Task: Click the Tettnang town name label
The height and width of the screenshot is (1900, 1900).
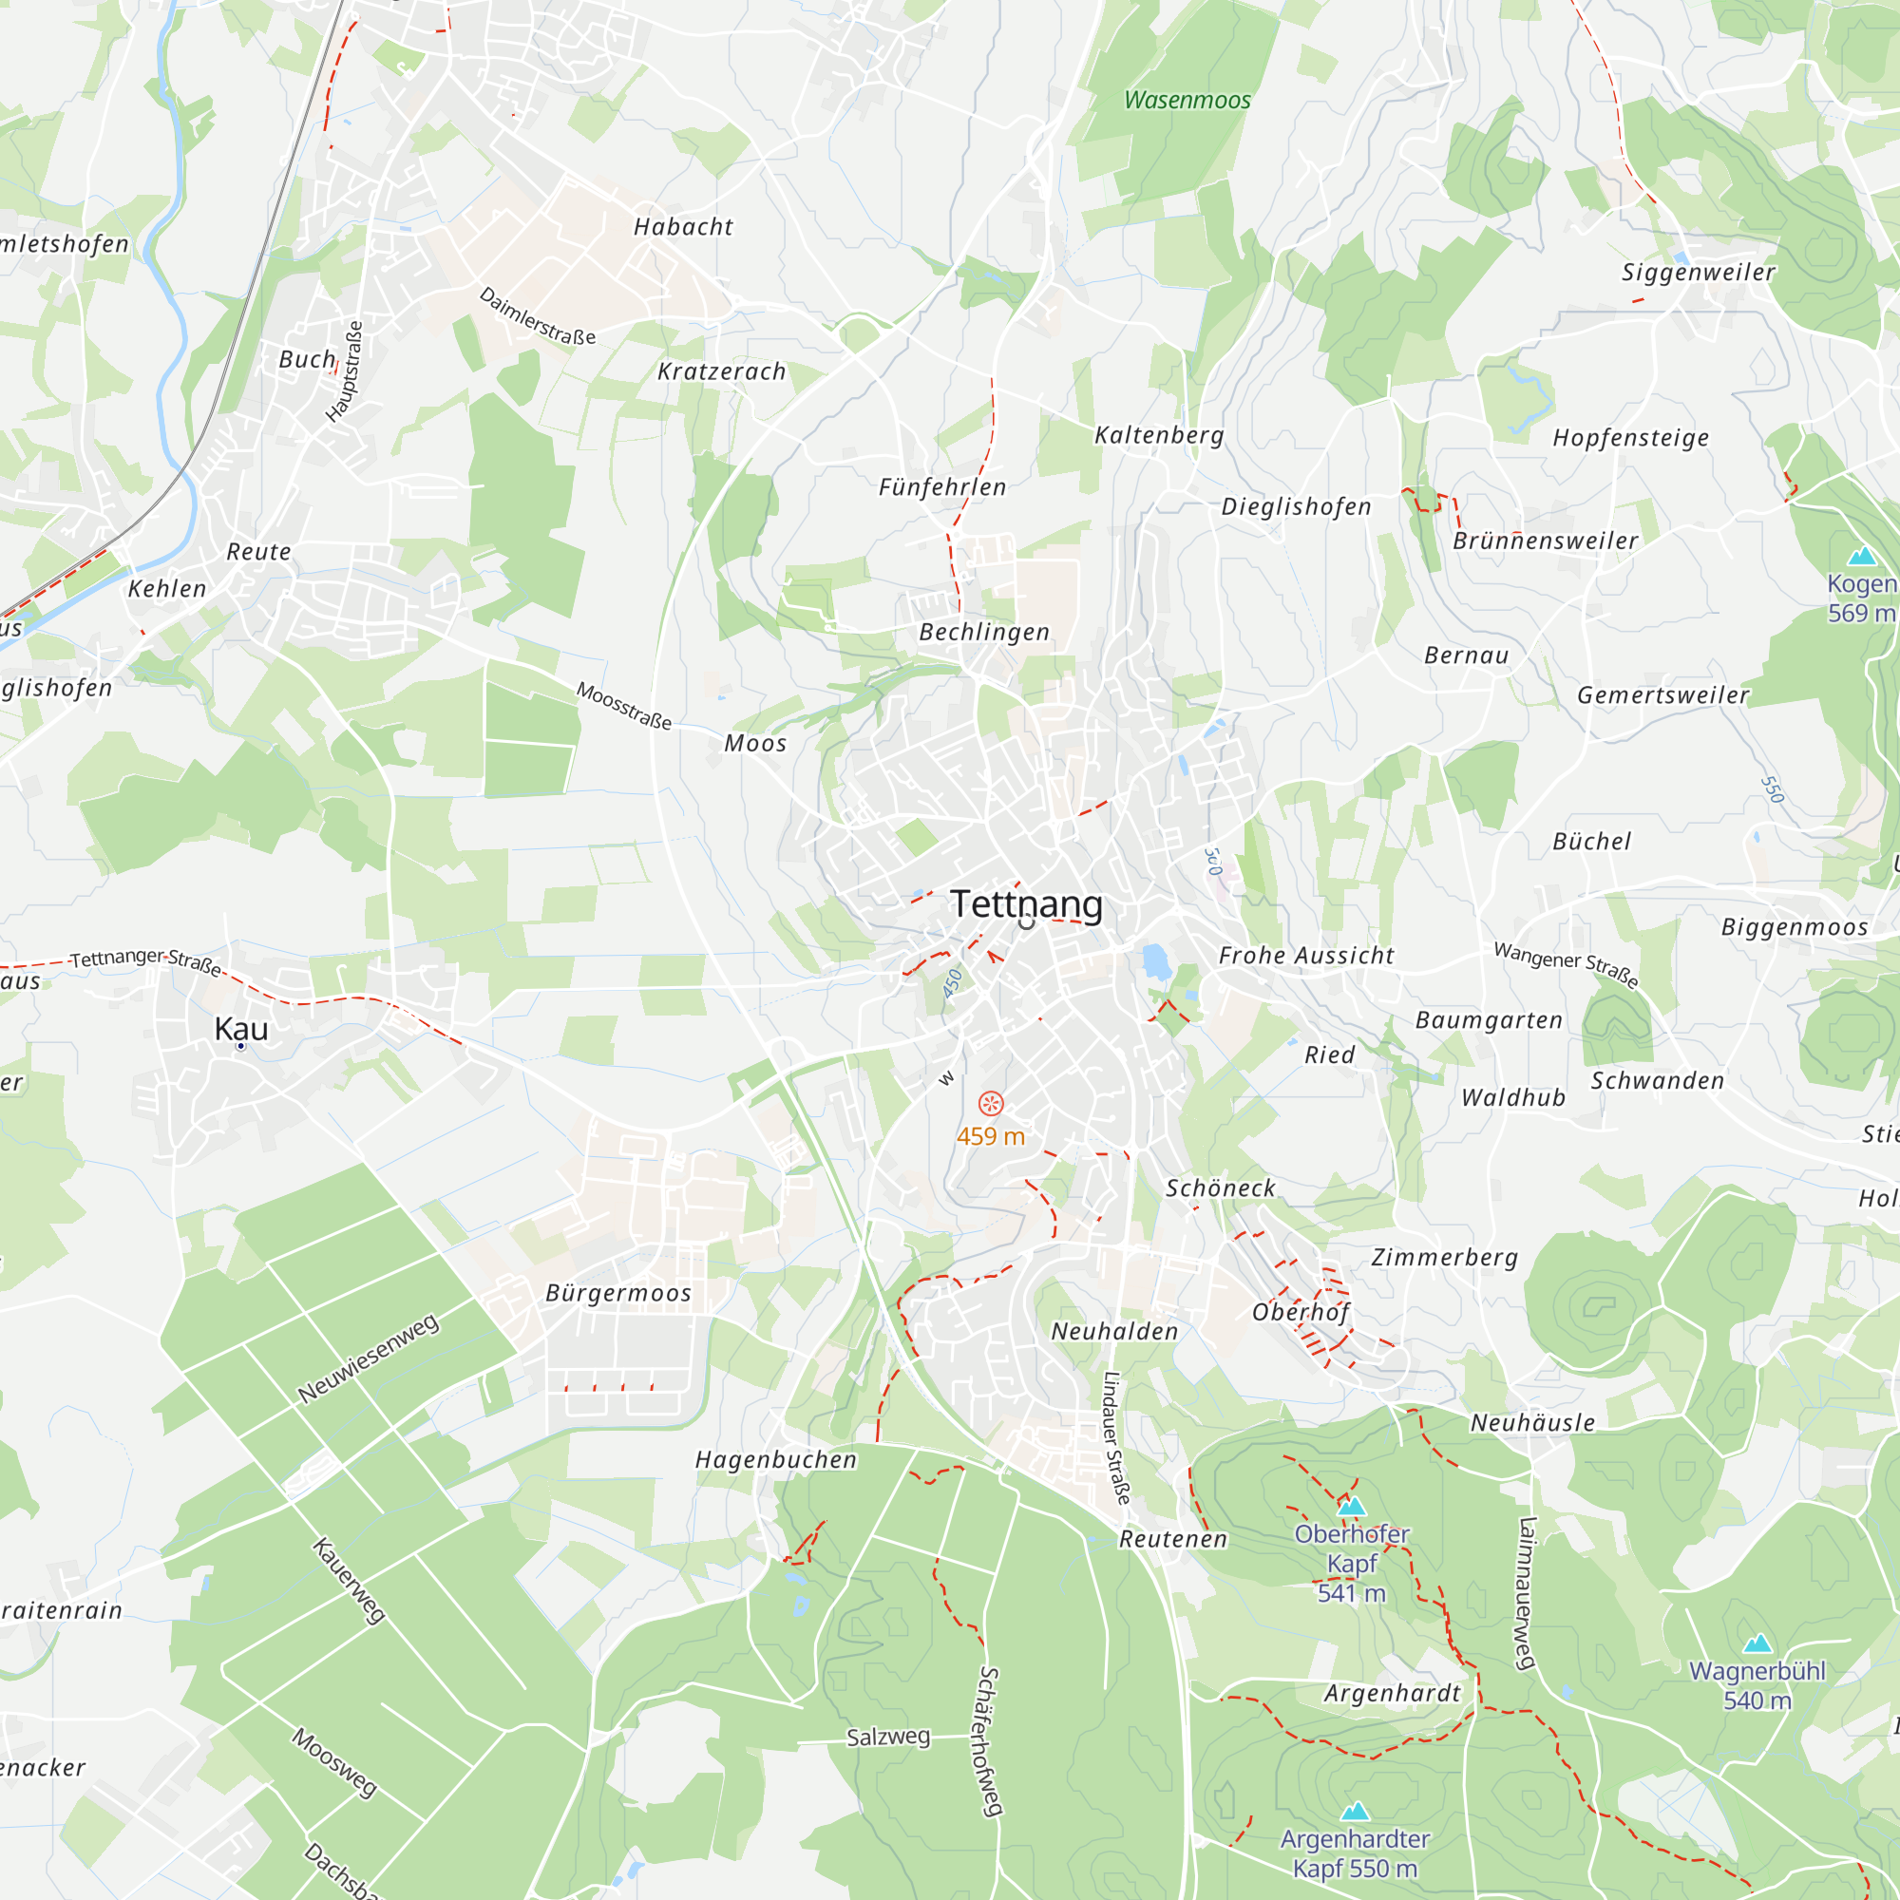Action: point(1026,904)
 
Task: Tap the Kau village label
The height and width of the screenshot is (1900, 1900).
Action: point(241,1029)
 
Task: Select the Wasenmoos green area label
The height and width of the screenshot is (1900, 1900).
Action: point(1187,101)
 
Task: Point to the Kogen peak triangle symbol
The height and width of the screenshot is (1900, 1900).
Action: point(1862,557)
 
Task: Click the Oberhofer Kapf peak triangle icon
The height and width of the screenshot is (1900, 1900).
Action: point(1351,1506)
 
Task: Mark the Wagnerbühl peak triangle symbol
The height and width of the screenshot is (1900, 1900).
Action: point(1757,1643)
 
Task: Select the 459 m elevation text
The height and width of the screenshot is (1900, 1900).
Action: point(990,1137)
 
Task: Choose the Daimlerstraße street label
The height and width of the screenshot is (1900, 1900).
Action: point(537,315)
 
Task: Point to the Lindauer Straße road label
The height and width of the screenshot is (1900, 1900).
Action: point(1116,1438)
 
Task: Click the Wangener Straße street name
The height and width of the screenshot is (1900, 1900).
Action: point(1567,963)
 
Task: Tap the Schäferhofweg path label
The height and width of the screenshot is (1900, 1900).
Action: point(990,1740)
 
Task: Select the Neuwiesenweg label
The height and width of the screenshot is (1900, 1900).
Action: point(368,1358)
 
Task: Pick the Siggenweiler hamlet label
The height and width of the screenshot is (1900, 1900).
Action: point(1699,273)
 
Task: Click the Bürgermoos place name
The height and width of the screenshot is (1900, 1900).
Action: point(618,1293)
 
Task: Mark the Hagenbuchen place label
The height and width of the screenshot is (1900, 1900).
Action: point(776,1460)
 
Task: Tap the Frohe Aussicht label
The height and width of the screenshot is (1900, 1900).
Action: point(1306,956)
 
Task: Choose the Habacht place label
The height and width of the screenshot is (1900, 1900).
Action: point(683,227)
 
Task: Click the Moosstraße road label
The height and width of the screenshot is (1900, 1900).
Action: point(623,705)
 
